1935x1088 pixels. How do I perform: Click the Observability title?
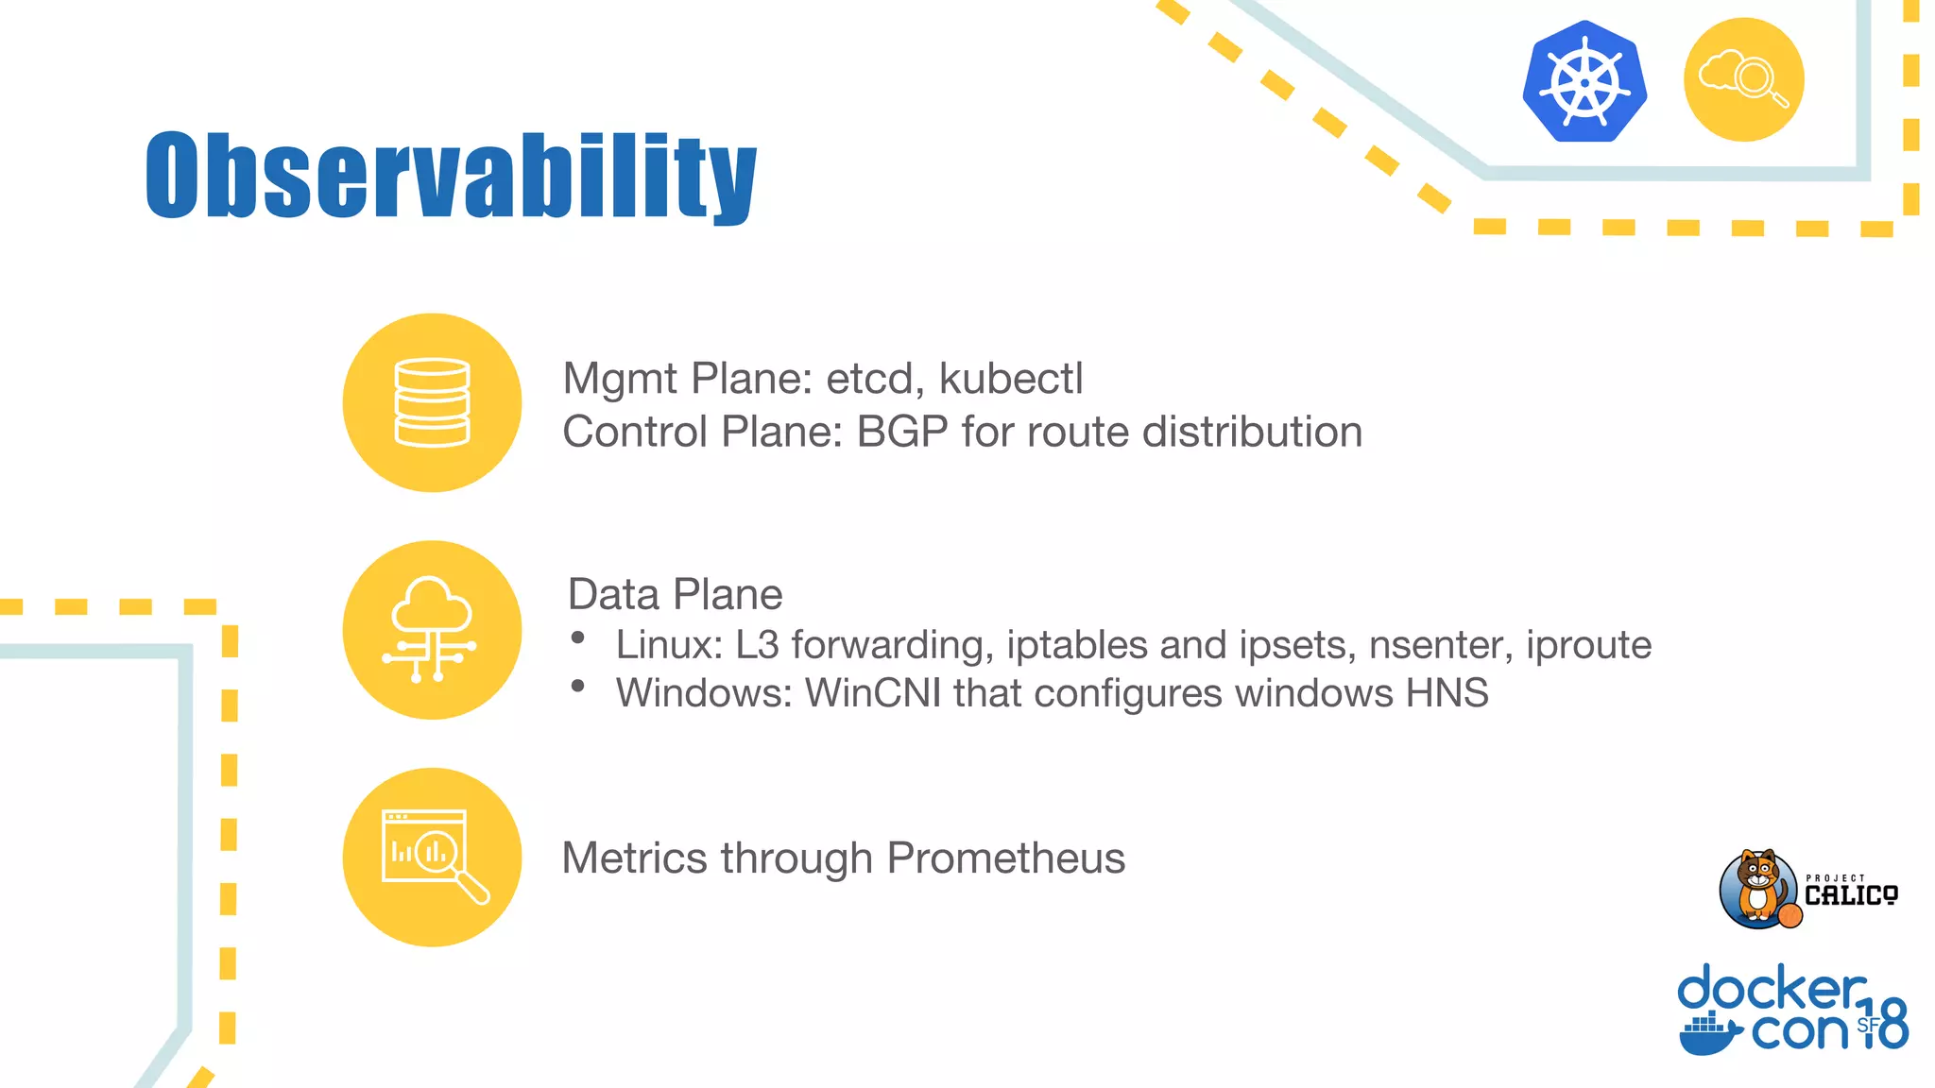coord(452,176)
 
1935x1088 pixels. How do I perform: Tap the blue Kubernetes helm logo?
coord(1584,81)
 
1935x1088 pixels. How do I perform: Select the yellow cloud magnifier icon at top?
coord(1743,79)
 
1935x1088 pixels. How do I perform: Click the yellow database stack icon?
coord(432,402)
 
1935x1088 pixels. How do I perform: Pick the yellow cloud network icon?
coord(432,630)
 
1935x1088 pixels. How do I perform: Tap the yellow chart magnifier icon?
coord(432,857)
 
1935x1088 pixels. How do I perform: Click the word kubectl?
coord(1010,379)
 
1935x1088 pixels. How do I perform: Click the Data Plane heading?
coord(675,595)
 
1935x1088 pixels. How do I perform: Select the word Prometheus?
coord(1005,858)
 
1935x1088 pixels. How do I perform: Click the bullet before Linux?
coord(578,638)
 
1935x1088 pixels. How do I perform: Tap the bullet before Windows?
coord(578,687)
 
